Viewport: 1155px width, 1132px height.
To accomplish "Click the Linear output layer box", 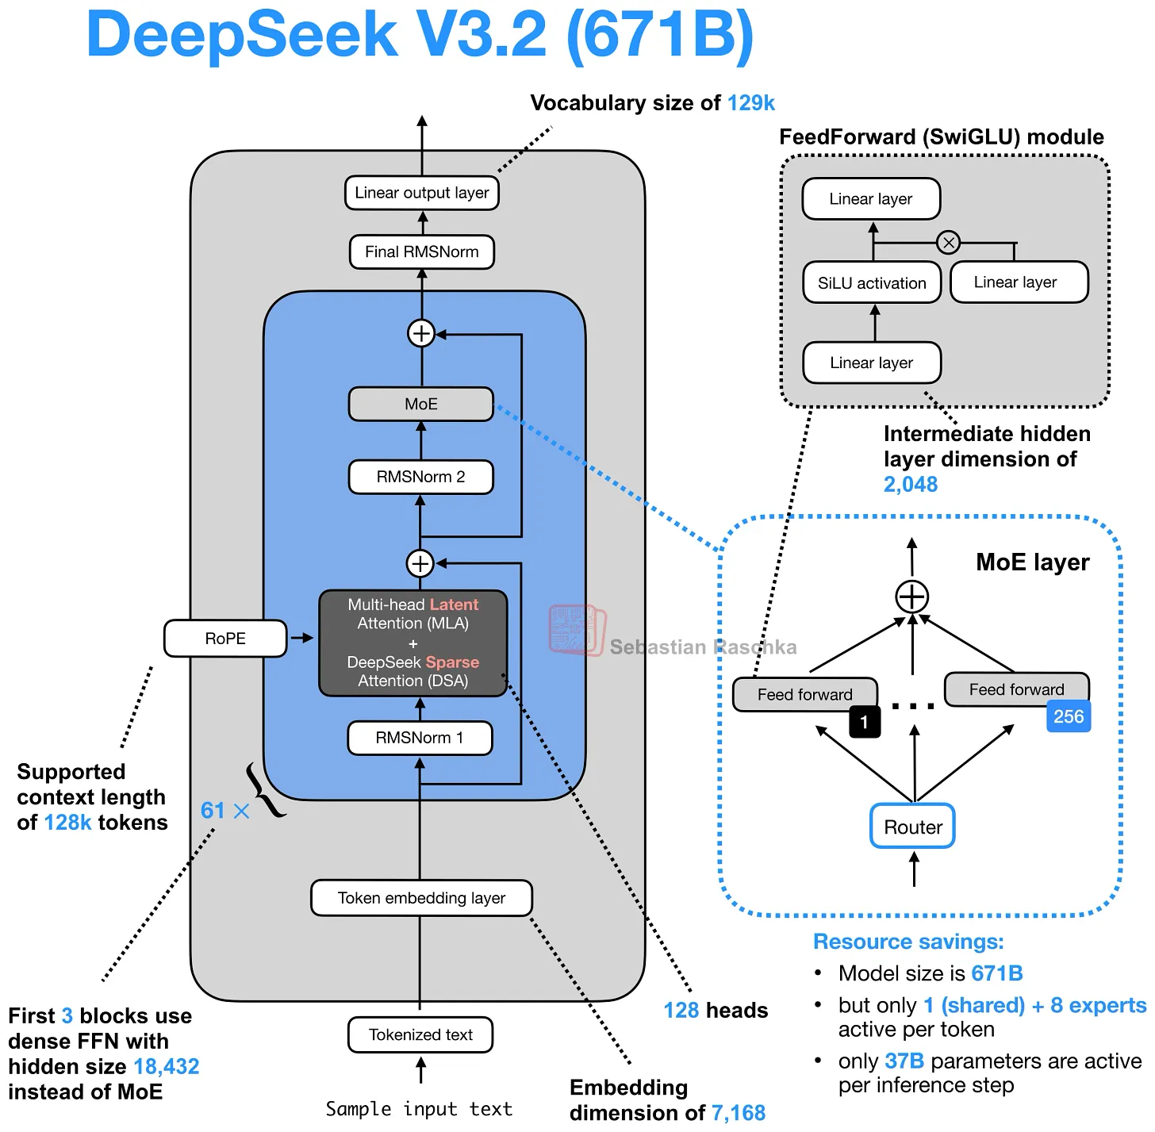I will coord(421,193).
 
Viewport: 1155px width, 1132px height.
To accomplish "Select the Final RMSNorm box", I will coord(421,252).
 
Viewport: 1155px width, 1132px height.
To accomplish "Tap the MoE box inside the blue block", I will coord(420,404).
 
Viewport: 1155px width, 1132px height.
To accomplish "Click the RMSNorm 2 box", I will coord(420,477).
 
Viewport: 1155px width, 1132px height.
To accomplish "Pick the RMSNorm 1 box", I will coord(420,738).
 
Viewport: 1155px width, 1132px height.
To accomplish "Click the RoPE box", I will coord(225,639).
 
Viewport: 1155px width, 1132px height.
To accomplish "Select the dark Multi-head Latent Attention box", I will coord(412,643).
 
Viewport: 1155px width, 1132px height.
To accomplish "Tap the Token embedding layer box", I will coord(421,898).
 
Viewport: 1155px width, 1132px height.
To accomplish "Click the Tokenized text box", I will coord(420,1034).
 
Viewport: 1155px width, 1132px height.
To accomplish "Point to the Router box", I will coord(912,827).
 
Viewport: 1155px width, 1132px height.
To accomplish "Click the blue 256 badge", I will coord(1068,716).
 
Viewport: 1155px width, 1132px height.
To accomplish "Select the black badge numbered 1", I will coord(864,722).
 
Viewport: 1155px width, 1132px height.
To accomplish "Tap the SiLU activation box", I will coord(871,283).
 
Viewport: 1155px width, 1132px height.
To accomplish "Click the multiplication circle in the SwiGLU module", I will coord(948,243).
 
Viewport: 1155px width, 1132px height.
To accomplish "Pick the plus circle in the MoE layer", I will coord(912,597).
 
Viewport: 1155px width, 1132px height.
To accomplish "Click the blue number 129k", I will coord(750,103).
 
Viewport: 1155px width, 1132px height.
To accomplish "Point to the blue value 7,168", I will coord(738,1113).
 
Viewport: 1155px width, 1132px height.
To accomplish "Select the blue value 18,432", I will coord(166,1066).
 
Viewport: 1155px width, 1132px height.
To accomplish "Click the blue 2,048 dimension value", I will coord(910,484).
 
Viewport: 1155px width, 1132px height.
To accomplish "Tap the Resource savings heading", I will coord(908,942).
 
